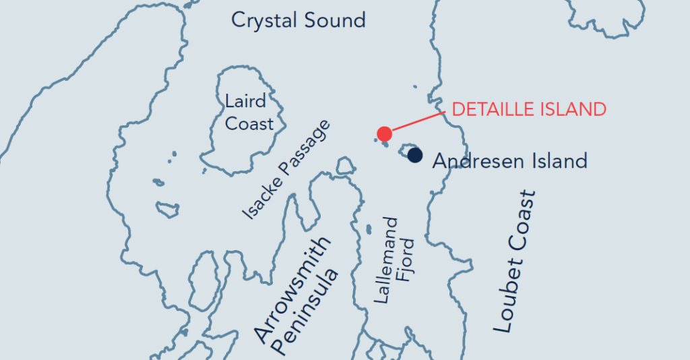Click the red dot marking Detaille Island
click(x=384, y=133)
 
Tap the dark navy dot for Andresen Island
click(x=415, y=155)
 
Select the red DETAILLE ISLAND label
click(x=529, y=109)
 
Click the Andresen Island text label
click(x=509, y=161)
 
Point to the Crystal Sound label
click(x=298, y=20)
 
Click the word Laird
click(x=245, y=102)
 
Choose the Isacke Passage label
click(x=287, y=170)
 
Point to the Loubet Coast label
click(x=515, y=262)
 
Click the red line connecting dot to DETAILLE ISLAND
click(x=418, y=120)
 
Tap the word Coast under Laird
click(x=249, y=124)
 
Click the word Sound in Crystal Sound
click(x=334, y=20)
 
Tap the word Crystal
click(x=264, y=20)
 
